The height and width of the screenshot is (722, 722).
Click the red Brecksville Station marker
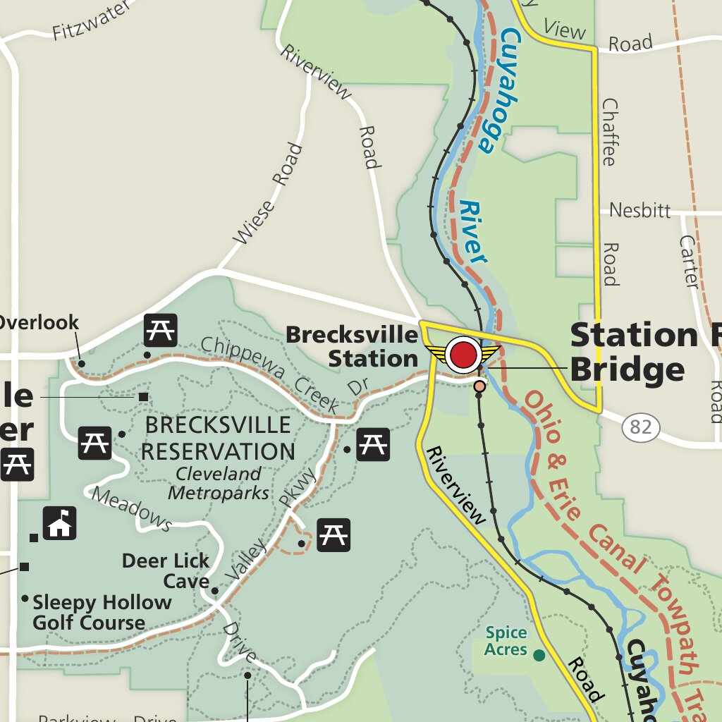pyautogui.click(x=463, y=355)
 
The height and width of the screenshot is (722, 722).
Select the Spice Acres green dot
pyautogui.click(x=539, y=656)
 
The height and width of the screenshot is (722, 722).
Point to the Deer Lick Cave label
pyautogui.click(x=166, y=571)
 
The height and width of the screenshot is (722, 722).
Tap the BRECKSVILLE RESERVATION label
pyautogui.click(x=216, y=438)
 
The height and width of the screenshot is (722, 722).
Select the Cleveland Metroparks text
pyautogui.click(x=219, y=483)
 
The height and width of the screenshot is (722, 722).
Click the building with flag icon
pyautogui.click(x=60, y=523)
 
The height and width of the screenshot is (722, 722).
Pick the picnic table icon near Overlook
pyautogui.click(x=161, y=329)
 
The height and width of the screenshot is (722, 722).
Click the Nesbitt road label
pyautogui.click(x=640, y=210)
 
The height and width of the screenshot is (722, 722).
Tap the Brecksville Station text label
pyautogui.click(x=353, y=346)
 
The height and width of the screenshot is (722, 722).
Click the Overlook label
pyautogui.click(x=39, y=323)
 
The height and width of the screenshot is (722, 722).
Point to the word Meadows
pyautogui.click(x=132, y=509)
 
